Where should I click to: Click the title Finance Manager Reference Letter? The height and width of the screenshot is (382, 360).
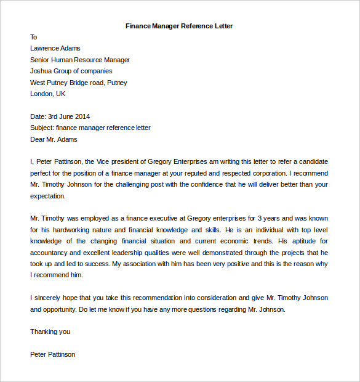179,26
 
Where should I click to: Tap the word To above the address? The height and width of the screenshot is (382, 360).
34,37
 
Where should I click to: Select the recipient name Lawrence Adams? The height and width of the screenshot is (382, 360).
55,48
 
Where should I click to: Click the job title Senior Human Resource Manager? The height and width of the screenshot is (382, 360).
80,60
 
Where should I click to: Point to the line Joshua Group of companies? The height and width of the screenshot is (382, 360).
71,71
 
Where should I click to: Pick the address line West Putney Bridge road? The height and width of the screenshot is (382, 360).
69,83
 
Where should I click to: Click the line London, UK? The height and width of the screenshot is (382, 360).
47,94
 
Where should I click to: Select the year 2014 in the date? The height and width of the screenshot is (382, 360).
82,116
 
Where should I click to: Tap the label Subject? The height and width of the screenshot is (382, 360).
42,128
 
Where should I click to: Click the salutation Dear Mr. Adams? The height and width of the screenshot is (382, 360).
54,139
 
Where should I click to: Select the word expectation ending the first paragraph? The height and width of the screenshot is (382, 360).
47,196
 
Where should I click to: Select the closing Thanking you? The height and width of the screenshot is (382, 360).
50,331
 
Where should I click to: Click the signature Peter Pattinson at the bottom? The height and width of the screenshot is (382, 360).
52,354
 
